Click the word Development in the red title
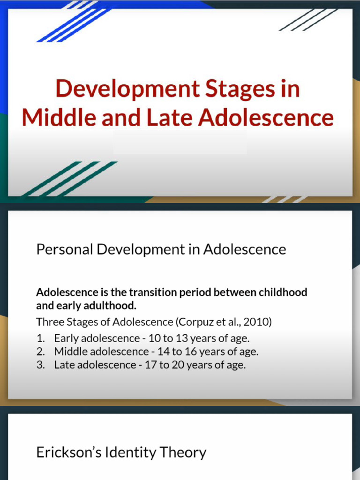(x=121, y=89)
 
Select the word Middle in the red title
(x=59, y=117)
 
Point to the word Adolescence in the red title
(x=266, y=117)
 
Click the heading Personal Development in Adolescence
(x=161, y=249)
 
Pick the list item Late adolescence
(x=94, y=365)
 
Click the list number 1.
(x=40, y=337)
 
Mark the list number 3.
(x=40, y=365)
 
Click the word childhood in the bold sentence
(x=285, y=292)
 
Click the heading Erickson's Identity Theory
(x=121, y=452)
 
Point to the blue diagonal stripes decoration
(x=70, y=21)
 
